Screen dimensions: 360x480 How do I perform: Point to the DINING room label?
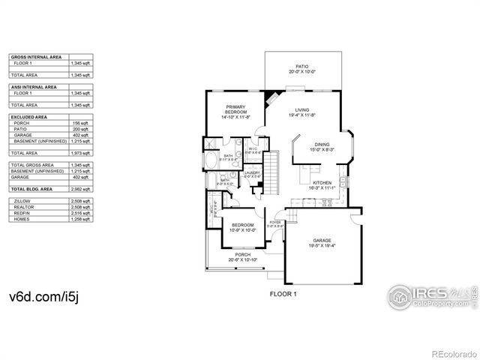pos(321,146)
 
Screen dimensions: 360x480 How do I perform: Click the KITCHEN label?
pos(322,184)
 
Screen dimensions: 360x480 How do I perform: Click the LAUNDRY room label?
pos(253,174)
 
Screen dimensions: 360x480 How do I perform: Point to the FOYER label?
pos(275,223)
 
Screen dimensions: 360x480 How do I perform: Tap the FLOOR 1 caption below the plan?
pos(283,295)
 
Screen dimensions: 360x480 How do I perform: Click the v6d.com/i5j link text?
pos(43,297)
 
